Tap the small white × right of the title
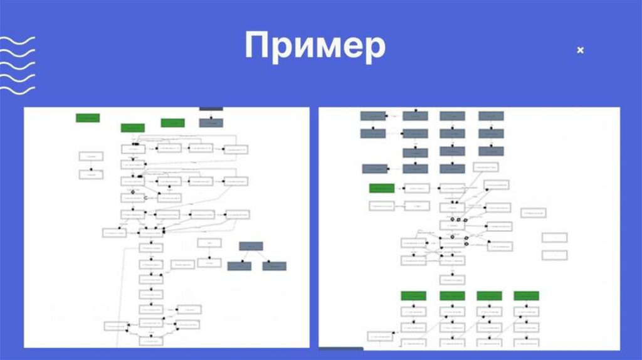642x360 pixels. click(x=580, y=50)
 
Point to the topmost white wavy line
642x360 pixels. click(x=17, y=41)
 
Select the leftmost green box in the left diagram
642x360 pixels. click(x=88, y=117)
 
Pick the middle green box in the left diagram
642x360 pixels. click(x=133, y=128)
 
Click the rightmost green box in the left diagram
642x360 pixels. click(x=172, y=123)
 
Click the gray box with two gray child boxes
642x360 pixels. click(x=251, y=246)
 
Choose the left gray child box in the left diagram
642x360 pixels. click(x=239, y=266)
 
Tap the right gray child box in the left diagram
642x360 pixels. click(x=274, y=266)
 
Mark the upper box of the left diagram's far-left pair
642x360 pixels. click(x=91, y=156)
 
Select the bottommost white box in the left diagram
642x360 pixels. click(x=150, y=341)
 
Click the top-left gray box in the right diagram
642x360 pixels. click(x=372, y=116)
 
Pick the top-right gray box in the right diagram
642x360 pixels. click(x=491, y=116)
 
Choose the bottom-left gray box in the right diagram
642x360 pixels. click(x=375, y=168)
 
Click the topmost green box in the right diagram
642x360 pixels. click(x=382, y=188)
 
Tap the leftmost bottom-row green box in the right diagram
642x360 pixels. click(x=414, y=295)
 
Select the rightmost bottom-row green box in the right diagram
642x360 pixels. click(x=527, y=295)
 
